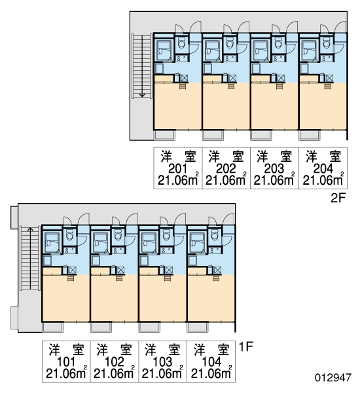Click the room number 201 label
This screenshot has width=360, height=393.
[177, 169]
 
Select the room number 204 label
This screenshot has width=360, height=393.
[323, 169]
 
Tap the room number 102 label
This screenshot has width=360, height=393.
[115, 362]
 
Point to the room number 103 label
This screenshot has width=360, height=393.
[162, 362]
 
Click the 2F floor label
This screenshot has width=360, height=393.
[338, 198]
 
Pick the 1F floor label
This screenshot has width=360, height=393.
[246, 347]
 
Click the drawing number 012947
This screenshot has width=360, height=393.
[333, 377]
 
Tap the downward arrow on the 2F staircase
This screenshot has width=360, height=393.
[142, 65]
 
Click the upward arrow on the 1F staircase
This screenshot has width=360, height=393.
[30, 258]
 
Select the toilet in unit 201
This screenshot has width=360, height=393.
[181, 43]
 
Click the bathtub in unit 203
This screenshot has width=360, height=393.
[261, 50]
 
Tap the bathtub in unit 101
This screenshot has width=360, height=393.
[52, 242]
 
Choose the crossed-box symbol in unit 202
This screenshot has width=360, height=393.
[233, 78]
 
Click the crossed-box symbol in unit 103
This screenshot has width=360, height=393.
[169, 270]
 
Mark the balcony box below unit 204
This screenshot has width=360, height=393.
[310, 135]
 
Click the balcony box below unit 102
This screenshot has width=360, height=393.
[101, 327]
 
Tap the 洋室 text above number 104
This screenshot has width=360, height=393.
[211, 350]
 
